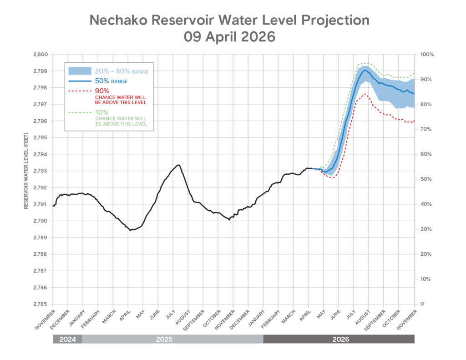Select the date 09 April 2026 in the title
click(x=230, y=37)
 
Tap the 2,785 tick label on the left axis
click(x=41, y=304)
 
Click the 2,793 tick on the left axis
click(x=41, y=171)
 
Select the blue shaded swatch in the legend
click(x=80, y=71)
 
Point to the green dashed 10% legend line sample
click(x=80, y=112)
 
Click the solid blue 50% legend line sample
click(x=80, y=81)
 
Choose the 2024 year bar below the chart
click(x=67, y=339)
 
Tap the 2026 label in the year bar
click(x=339, y=339)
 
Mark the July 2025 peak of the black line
click(x=178, y=165)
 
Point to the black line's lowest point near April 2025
click(x=130, y=230)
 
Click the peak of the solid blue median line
click(x=365, y=70)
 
